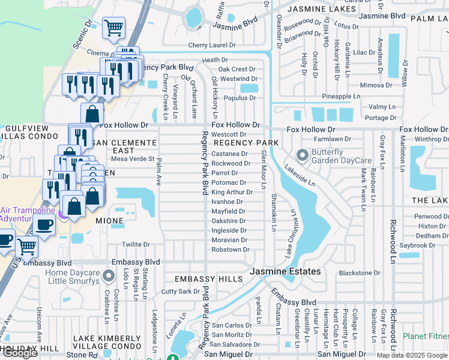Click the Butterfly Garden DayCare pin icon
tap(301, 156)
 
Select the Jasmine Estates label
tap(286, 272)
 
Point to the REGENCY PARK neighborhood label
tap(246, 143)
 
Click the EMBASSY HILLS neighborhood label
tap(208, 279)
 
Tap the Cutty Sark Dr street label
tap(180, 292)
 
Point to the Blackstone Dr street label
tap(360, 272)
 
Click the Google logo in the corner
tap(20, 353)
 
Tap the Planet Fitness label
tap(426, 336)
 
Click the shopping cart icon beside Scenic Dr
tap(113, 28)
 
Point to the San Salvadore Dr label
tap(232, 344)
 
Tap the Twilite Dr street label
tap(136, 244)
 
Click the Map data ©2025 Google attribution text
tap(411, 355)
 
